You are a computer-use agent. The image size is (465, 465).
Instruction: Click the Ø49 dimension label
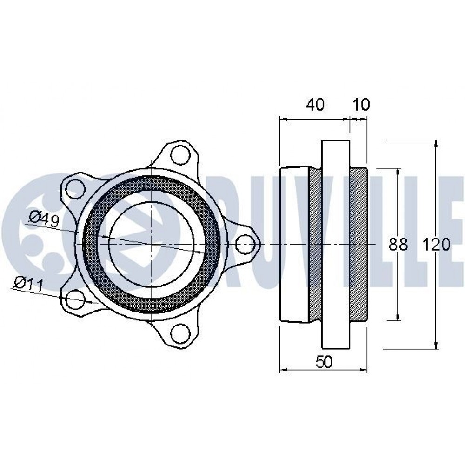tap(45, 219)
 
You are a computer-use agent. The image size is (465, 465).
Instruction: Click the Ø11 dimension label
tap(29, 284)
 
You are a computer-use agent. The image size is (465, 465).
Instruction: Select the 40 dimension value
tap(315, 104)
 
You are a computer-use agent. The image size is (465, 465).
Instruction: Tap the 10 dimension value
tap(361, 104)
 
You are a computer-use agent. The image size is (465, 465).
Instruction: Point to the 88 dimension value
tap(399, 245)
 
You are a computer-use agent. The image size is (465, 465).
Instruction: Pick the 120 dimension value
tap(436, 245)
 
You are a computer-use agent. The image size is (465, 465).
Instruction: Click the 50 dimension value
tap(324, 361)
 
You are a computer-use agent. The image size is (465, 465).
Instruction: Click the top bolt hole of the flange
tap(180, 154)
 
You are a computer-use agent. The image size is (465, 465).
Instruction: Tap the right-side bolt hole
tap(245, 244)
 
